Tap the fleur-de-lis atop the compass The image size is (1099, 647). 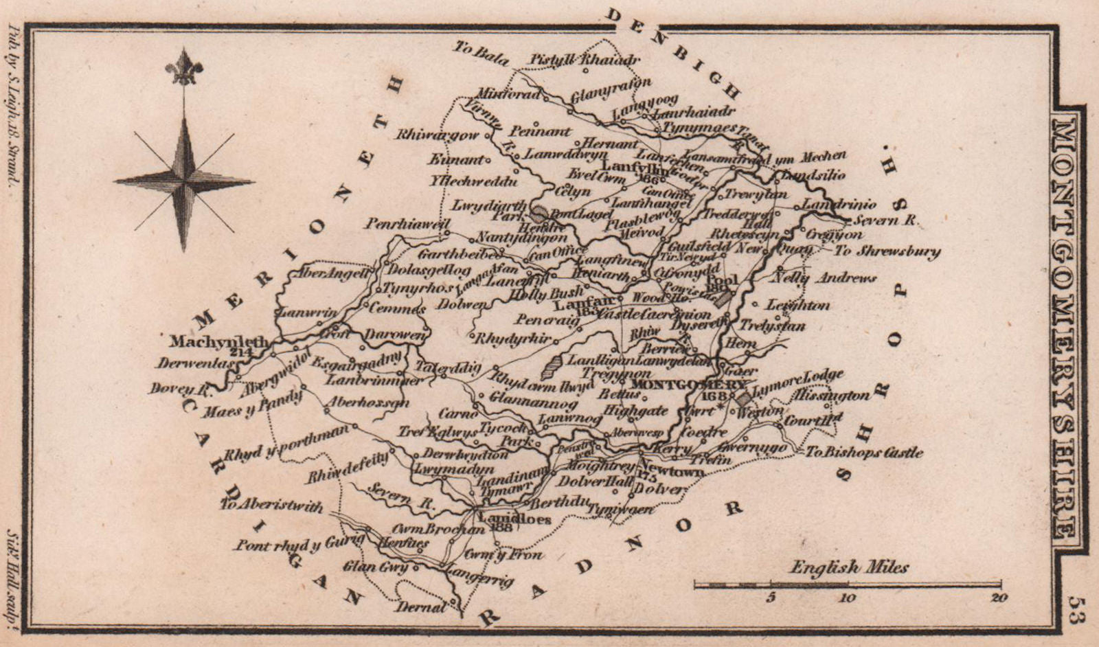tap(184, 67)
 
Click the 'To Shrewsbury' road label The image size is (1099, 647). tap(887, 251)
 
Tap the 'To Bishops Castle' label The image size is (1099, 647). tap(863, 453)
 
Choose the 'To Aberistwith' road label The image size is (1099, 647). tap(271, 507)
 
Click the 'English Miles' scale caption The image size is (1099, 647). tap(849, 567)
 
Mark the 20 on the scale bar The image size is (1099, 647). tap(999, 598)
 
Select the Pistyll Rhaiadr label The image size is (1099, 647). tap(585, 60)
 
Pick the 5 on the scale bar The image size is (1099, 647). tap(771, 598)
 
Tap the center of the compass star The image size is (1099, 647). tap(184, 181)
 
